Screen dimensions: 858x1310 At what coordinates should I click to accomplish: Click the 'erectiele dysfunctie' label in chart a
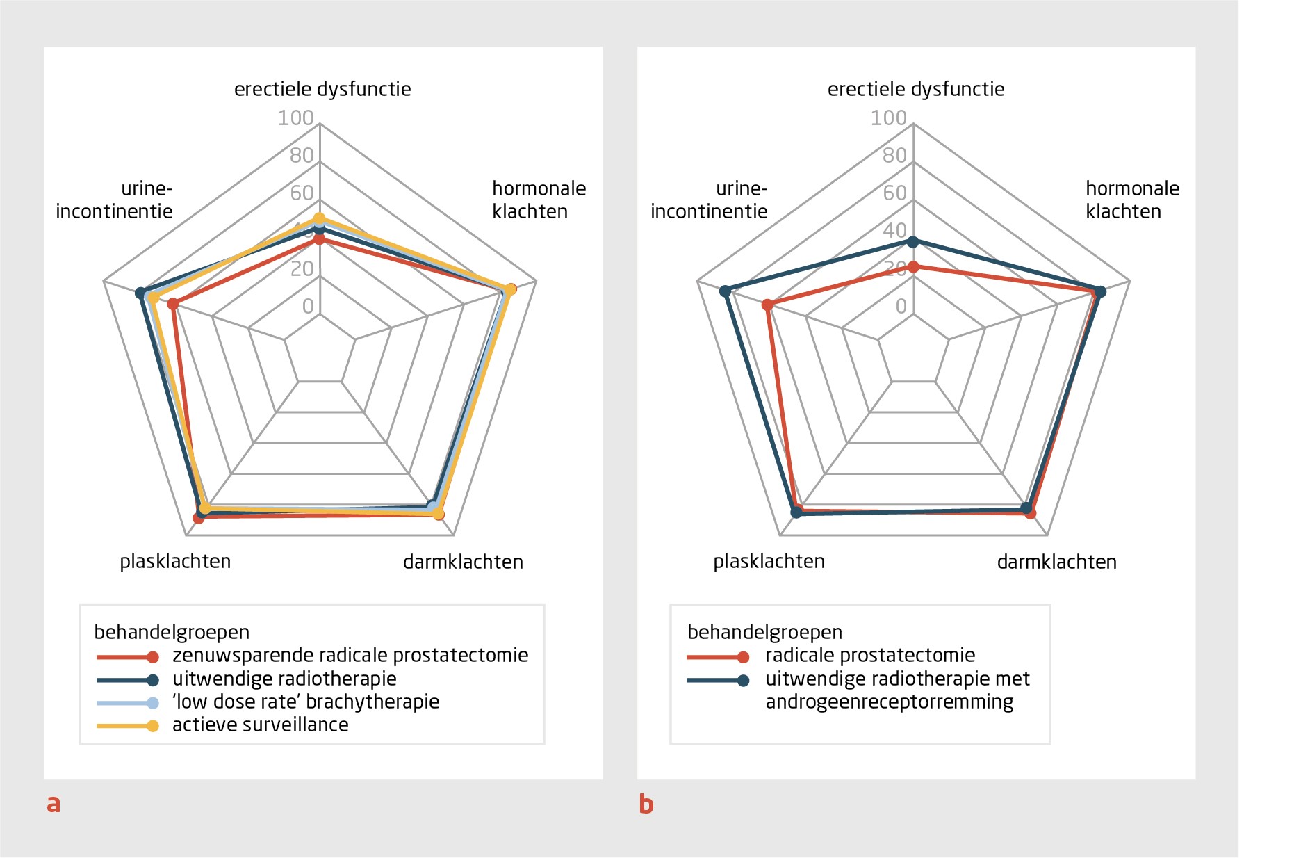[322, 89]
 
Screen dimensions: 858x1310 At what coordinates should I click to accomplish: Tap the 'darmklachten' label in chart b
[1056, 562]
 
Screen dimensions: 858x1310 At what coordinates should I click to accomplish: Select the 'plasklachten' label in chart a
[175, 561]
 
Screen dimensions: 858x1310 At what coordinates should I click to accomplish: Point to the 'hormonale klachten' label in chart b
[1132, 200]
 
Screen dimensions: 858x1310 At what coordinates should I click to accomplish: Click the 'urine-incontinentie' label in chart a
[115, 200]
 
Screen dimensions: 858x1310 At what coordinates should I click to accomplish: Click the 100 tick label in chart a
[295, 118]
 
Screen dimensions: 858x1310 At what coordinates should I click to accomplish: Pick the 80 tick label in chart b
[894, 156]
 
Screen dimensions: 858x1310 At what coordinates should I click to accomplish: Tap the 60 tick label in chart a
[302, 193]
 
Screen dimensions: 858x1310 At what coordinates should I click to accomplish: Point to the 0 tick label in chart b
[901, 307]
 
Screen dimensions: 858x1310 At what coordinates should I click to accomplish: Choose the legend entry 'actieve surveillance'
[260, 725]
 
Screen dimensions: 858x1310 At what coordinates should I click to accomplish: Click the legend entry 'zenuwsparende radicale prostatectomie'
[350, 655]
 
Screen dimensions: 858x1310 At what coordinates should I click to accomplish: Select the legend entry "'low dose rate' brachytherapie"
[306, 702]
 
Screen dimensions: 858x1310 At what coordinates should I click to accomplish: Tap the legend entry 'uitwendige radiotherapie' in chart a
[284, 679]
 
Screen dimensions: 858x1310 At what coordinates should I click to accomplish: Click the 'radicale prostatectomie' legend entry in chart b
[870, 655]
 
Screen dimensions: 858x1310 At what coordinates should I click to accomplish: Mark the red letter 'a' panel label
[54, 804]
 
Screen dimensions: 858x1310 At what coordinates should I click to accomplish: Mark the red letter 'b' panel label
[646, 804]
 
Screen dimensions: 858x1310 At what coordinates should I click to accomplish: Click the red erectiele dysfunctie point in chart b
[913, 267]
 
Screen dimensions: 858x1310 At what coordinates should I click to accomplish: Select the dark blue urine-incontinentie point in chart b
[725, 291]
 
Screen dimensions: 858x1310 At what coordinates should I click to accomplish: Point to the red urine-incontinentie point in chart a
[173, 304]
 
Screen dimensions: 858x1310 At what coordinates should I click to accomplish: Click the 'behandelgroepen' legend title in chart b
[764, 632]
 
